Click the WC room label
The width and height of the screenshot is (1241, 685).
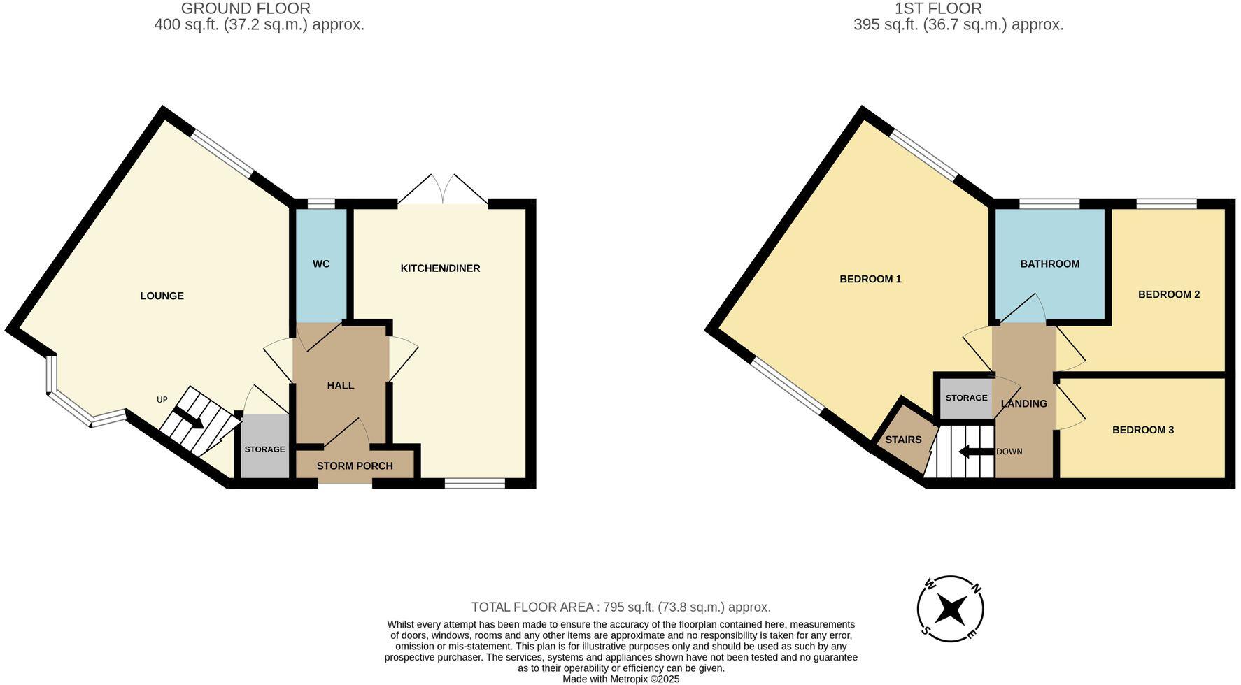(x=321, y=264)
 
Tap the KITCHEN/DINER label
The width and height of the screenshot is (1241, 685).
(x=440, y=268)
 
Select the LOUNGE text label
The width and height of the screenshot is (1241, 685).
(x=162, y=296)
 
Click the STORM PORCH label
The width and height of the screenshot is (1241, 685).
(x=355, y=466)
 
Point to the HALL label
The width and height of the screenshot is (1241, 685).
(x=341, y=385)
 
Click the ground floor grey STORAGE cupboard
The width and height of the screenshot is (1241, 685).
(x=264, y=448)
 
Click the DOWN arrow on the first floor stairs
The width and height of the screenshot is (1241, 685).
(x=975, y=452)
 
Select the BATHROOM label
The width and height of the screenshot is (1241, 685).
(x=1049, y=264)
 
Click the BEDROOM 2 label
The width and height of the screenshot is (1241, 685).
(x=1168, y=294)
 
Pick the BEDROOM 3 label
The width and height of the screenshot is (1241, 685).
(x=1142, y=430)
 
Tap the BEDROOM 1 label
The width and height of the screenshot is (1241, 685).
(x=870, y=279)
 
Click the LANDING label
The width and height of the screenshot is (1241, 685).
(x=1023, y=403)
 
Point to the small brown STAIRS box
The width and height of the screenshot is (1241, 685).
(x=903, y=440)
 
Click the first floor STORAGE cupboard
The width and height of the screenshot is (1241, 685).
(x=966, y=398)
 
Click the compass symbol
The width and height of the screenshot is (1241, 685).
(x=951, y=609)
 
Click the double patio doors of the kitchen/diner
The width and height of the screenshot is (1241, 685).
(x=443, y=191)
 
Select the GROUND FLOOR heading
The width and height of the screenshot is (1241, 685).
(x=246, y=8)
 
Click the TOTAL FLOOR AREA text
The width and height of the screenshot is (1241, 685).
(x=620, y=607)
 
